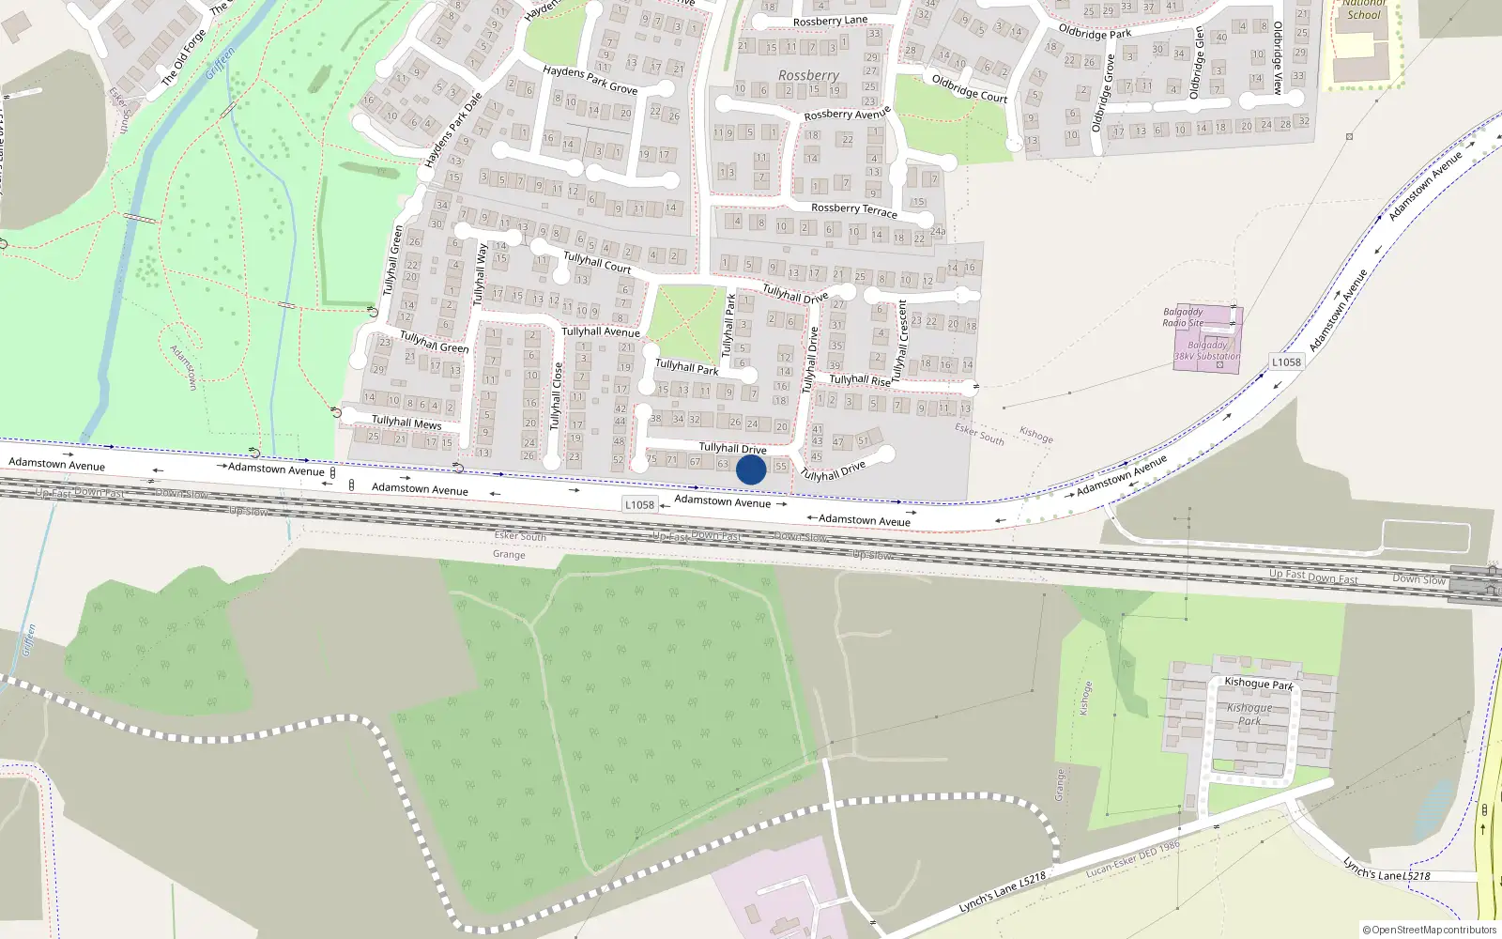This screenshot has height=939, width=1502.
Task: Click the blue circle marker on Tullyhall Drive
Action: point(751,469)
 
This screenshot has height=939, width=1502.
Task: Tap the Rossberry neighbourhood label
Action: point(808,75)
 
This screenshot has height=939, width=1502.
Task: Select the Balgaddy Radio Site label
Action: point(1183,317)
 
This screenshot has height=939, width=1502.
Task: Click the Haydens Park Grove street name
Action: point(590,80)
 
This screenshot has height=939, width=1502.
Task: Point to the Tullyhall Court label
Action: point(597,262)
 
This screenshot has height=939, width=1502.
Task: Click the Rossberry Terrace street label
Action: point(853,209)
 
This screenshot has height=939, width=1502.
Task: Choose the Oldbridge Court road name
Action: point(969,88)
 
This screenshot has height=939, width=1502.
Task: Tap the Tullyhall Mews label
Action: point(406,423)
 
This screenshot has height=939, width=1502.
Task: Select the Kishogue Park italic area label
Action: point(1249,714)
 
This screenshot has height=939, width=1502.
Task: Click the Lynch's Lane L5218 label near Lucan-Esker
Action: point(1003,892)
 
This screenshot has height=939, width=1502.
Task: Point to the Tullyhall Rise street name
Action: point(859,380)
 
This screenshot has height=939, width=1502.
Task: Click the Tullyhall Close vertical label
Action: point(557,395)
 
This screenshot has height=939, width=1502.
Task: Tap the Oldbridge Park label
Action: point(1095,34)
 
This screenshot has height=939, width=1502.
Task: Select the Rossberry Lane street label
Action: point(830,22)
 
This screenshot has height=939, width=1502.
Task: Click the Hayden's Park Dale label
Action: point(453,131)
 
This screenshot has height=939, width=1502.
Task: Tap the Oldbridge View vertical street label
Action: point(1278,58)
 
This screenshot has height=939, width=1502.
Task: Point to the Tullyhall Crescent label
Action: point(901,339)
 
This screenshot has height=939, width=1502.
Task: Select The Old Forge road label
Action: point(183,58)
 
